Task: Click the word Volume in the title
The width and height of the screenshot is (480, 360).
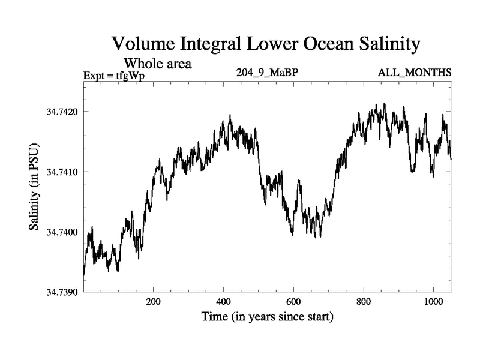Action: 142,44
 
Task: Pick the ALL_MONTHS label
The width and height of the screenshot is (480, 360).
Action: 414,73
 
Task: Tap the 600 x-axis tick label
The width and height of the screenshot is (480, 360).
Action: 293,302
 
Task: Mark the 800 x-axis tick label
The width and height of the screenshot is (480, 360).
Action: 364,302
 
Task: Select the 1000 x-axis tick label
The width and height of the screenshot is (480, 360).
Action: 433,302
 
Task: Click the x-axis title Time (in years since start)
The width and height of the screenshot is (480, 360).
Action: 267,316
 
